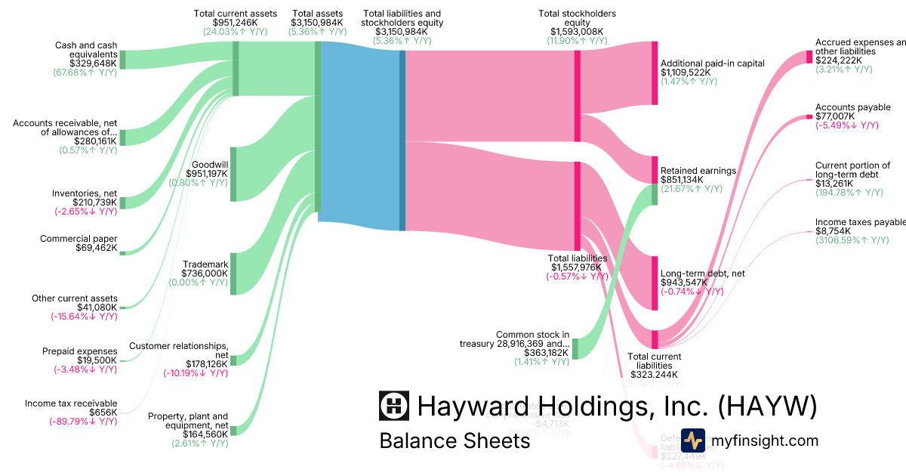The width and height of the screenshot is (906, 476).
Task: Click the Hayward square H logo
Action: pos(394,406)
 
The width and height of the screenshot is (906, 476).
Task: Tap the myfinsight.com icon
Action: pos(693,440)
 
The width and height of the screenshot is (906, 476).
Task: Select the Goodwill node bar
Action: pos(234,175)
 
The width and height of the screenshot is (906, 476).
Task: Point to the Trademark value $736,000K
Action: pos(205,274)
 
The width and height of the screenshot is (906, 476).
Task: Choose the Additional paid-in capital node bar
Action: pos(655,73)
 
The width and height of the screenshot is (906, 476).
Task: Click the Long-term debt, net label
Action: pos(702,273)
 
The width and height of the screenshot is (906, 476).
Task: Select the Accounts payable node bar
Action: pos(809,116)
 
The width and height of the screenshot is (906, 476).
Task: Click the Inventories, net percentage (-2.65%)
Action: pos(85,212)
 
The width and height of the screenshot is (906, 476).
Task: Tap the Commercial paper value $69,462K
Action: pos(97,248)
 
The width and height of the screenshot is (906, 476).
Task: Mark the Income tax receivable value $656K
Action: pos(103,413)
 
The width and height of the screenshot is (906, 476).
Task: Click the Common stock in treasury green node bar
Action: pos(575,348)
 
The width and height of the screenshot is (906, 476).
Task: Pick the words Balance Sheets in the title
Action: pos(455,440)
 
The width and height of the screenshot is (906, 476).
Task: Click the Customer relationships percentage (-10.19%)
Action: pos(196,373)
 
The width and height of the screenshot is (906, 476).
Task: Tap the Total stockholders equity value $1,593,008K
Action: pos(577,32)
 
